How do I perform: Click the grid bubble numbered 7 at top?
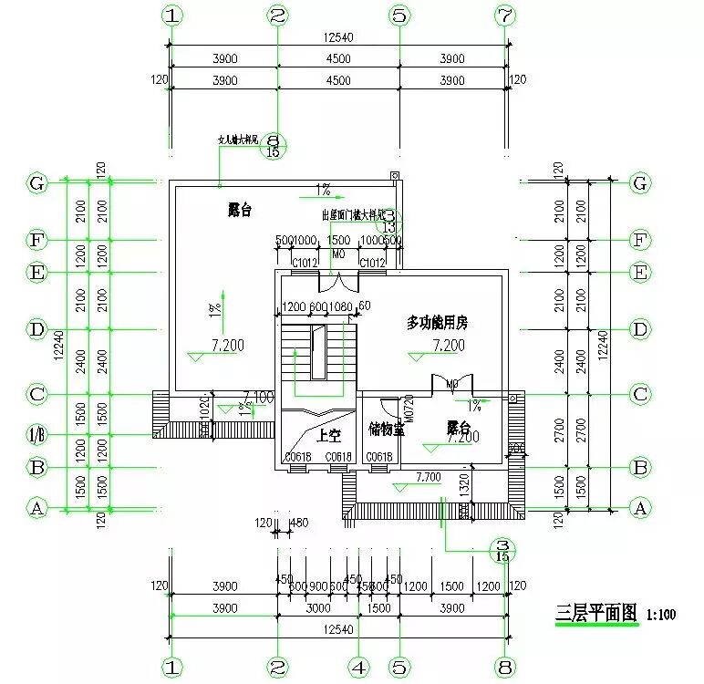pos(505,16)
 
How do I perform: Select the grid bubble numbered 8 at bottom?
pos(505,668)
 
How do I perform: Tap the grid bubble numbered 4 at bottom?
pos(360,668)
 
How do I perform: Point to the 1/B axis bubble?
pos(36,435)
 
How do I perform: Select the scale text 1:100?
pos(662,615)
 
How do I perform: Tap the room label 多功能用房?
pos(442,323)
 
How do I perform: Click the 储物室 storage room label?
pos(386,429)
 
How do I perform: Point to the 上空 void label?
pos(316,434)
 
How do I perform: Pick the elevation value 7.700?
pos(429,477)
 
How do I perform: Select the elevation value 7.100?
pos(259,397)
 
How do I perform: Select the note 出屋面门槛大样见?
pos(351,216)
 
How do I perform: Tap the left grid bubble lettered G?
pos(36,183)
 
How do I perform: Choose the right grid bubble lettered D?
pos(640,328)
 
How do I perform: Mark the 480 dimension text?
pos(298,523)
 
